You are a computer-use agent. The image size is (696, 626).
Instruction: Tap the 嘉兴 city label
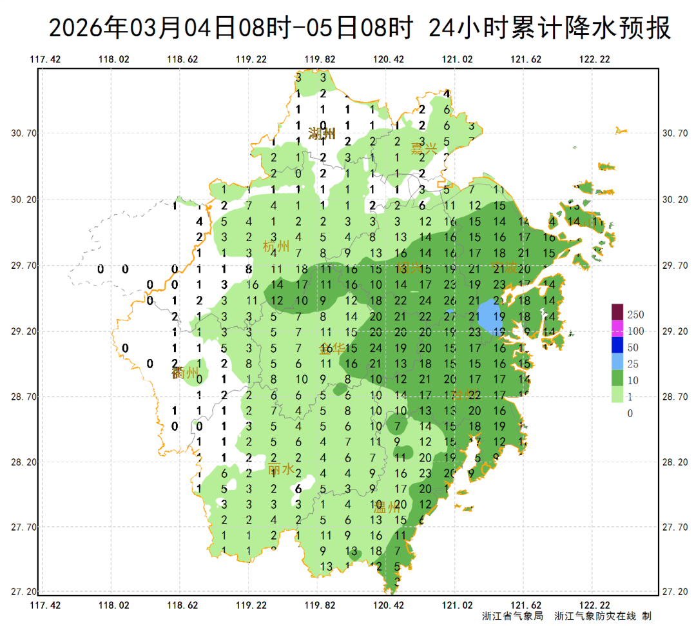click(424, 148)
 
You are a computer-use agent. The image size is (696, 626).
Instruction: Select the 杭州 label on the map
click(276, 246)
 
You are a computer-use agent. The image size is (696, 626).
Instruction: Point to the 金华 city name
click(333, 349)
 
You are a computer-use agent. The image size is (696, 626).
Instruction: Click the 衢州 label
click(185, 373)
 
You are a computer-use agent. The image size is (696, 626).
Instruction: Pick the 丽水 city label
click(281, 469)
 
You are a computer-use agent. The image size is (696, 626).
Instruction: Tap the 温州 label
click(387, 507)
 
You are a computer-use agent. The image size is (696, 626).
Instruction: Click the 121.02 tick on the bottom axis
click(457, 605)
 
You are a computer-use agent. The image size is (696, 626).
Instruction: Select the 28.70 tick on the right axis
click(674, 397)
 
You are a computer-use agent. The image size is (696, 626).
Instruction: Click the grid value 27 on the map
click(450, 317)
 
